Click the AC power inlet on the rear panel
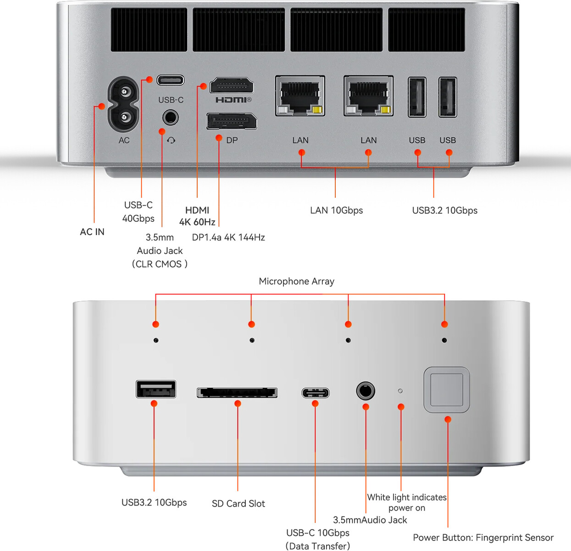(123, 105)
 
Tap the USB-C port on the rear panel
(171, 80)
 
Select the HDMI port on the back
(232, 86)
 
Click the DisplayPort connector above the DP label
(232, 122)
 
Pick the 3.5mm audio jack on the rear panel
(171, 118)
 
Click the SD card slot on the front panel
(237, 393)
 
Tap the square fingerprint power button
(447, 390)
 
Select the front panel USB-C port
(316, 393)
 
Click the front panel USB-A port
(156, 389)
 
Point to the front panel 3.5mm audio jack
(366, 391)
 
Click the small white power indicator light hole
(400, 391)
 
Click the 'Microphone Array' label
(296, 281)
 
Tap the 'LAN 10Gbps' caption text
(336, 210)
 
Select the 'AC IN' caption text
(92, 232)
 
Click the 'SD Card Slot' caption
(238, 504)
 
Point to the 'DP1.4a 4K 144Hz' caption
(228, 237)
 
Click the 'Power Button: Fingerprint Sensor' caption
(483, 538)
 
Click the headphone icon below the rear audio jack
(171, 140)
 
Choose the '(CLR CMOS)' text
(160, 264)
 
